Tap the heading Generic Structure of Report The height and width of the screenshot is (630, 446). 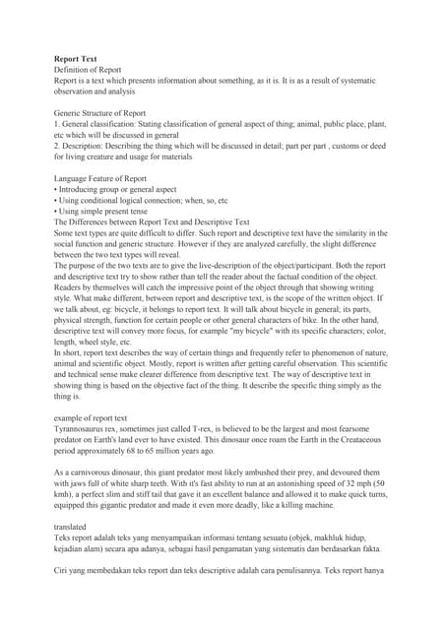99,113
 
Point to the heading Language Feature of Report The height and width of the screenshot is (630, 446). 99,178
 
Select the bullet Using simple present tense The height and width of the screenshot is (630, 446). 104,211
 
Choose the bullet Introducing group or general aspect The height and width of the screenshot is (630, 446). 118,189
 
